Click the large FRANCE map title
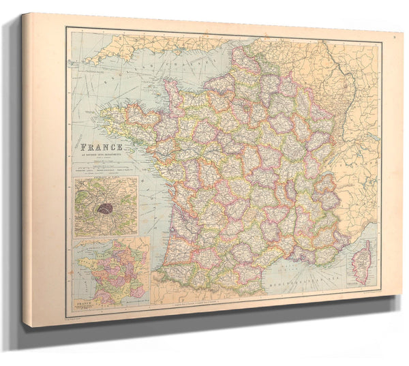[102, 147]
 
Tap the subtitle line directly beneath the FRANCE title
[102, 154]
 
